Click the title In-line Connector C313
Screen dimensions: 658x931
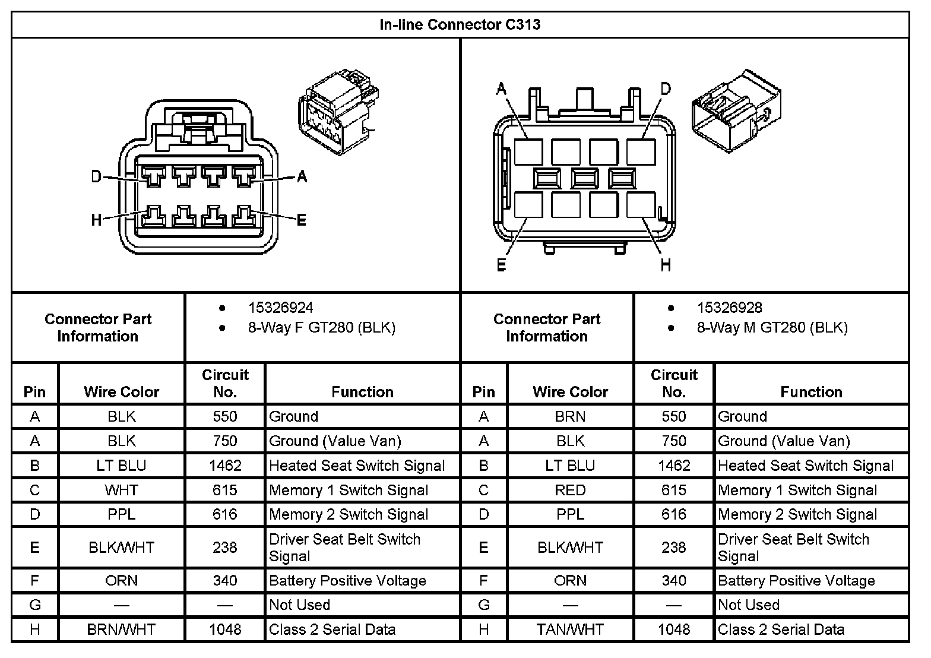460,25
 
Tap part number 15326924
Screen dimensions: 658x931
280,308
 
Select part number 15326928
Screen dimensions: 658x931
729,308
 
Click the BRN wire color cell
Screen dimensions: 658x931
570,416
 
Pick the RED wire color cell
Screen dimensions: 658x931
570,490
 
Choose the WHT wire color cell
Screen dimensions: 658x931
121,490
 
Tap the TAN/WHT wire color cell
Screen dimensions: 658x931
570,629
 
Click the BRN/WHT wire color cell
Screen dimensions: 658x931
121,629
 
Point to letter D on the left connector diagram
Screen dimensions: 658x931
96,176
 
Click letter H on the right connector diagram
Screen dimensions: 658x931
666,265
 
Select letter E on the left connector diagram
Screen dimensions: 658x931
301,220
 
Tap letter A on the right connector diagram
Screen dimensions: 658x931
501,89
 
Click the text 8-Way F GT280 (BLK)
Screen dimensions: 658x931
321,327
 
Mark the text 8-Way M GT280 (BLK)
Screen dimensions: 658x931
772,327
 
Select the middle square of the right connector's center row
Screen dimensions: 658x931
585,178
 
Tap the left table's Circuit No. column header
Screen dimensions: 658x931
225,383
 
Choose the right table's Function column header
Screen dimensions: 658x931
811,391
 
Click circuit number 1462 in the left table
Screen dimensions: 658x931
225,466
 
